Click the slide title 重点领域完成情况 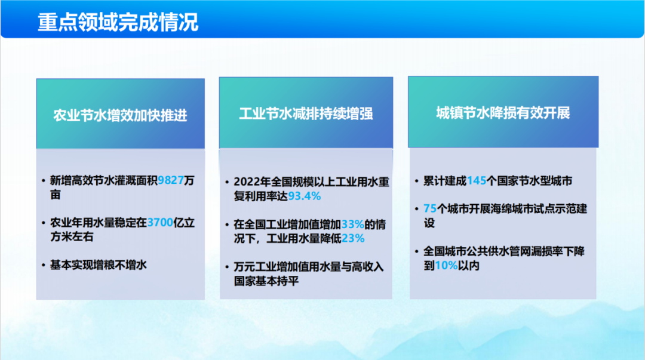coord(118,22)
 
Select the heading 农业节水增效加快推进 coord(120,116)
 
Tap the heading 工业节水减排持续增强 coord(306,114)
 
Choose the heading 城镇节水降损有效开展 coord(503,113)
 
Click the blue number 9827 coord(171,180)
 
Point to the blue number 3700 coord(160,223)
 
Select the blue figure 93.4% coord(305,196)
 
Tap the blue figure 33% coord(352,224)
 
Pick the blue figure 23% coord(353,238)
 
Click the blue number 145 coord(477,181)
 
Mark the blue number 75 coord(430,208)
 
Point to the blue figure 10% coord(446,265)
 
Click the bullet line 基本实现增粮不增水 coord(99,265)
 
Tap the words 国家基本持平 coord(266,281)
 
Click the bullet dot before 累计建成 coord(417,181)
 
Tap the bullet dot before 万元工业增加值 coord(227,267)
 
